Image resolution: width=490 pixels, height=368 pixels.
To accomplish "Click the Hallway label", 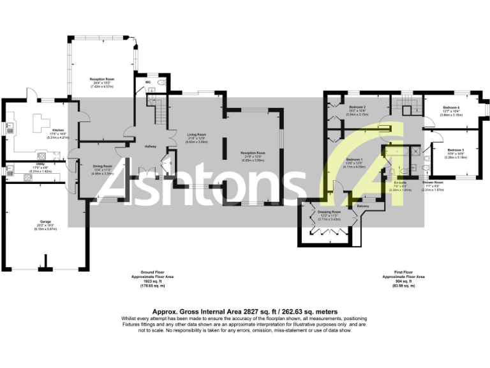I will click(151, 146).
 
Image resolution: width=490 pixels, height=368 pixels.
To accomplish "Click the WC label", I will click(148, 82).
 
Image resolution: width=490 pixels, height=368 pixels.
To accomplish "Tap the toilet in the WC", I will click(161, 83).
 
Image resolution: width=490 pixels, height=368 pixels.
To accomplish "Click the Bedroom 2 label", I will click(357, 107).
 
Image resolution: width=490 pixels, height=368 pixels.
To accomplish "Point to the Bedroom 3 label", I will click(454, 149).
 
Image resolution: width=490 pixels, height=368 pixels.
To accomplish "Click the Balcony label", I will click(363, 206).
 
